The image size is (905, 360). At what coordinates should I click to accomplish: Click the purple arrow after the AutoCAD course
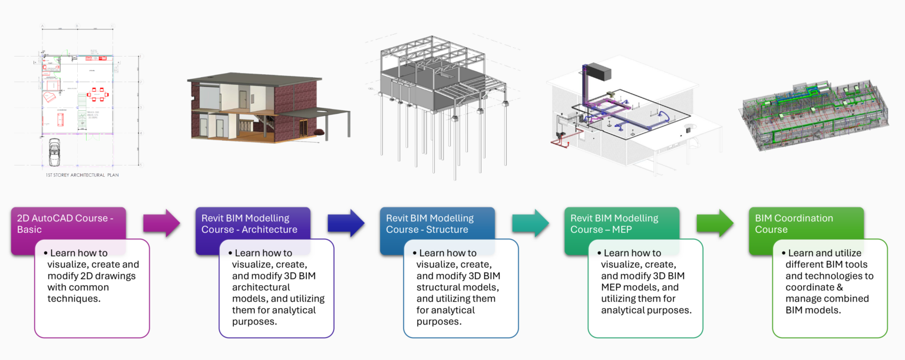pos(161,223)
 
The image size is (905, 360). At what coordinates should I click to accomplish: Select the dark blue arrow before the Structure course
pos(346,223)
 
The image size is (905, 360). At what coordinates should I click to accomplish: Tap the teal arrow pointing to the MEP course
pos(530,223)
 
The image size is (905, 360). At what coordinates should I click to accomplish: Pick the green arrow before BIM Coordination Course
pos(715,223)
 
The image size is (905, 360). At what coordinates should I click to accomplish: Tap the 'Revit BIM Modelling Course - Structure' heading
pos(430,223)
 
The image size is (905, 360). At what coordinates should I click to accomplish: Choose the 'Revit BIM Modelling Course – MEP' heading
pos(614,223)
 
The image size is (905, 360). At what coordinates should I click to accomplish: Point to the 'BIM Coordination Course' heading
pos(794,223)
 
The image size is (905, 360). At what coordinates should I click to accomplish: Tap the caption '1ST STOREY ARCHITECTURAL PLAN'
pos(83,175)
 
